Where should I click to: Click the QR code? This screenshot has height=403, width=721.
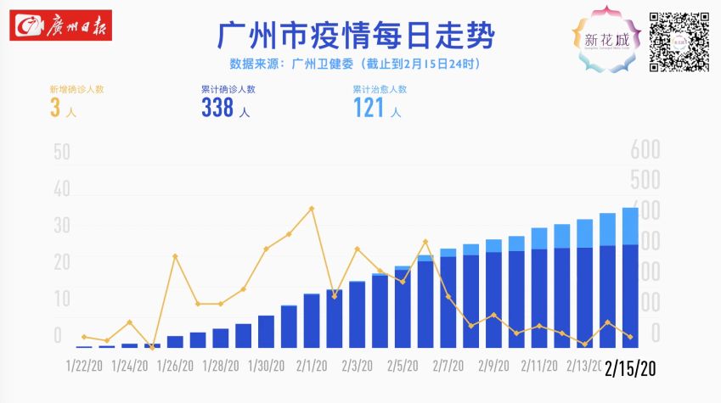(x=679, y=42)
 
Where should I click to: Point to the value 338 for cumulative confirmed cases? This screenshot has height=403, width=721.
(x=217, y=108)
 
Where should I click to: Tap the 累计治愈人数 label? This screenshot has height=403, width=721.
(x=380, y=88)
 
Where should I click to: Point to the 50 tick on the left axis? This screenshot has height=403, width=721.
(x=61, y=153)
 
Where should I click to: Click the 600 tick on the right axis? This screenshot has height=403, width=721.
(x=645, y=150)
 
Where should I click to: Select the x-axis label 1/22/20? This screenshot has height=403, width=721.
(x=84, y=367)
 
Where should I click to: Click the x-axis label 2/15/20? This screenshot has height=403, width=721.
(x=630, y=368)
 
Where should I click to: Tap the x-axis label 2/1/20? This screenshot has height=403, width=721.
(x=312, y=367)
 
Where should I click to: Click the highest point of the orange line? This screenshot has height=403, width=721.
(x=312, y=208)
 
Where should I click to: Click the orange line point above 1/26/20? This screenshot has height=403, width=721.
(x=175, y=256)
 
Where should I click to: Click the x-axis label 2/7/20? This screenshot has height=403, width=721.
(x=448, y=367)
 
